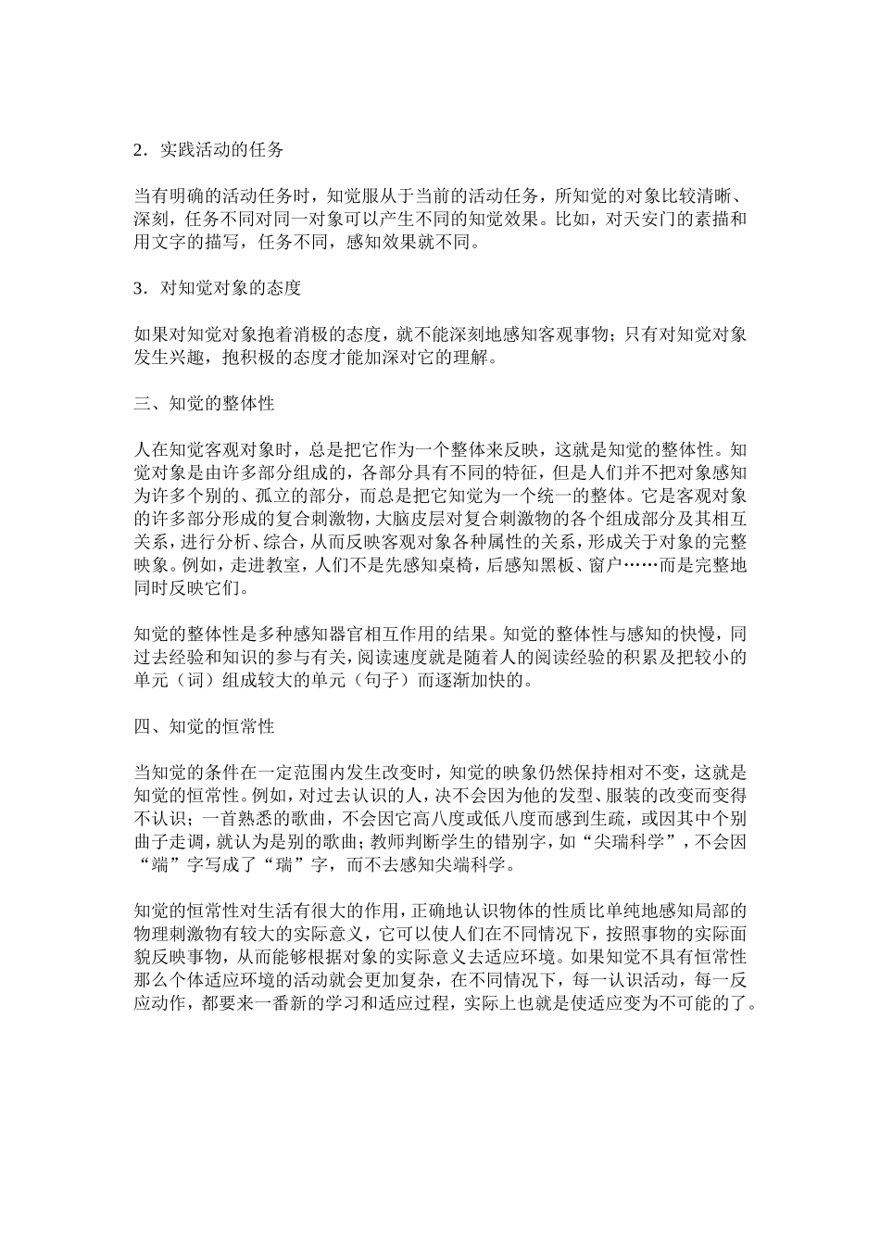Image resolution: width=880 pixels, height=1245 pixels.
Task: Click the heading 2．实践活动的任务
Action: coord(208,150)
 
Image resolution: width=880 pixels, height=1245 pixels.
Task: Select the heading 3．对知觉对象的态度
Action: coord(218,288)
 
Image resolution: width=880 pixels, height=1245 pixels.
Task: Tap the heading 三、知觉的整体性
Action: coord(204,404)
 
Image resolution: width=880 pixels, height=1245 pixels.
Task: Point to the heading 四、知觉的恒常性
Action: coord(204,727)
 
